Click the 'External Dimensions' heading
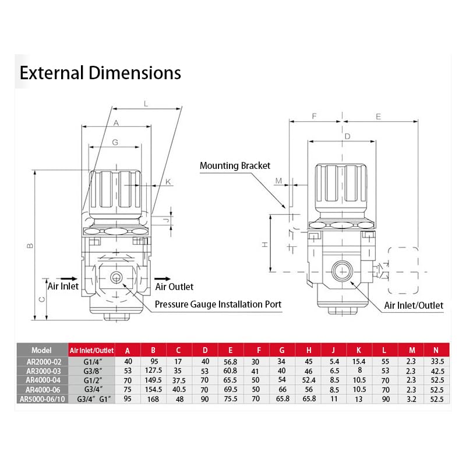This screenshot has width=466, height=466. (x=100, y=73)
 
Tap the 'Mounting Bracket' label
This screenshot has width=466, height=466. (x=235, y=166)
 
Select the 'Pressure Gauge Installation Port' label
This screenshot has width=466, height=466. (x=218, y=305)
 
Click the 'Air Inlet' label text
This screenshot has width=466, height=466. (x=62, y=287)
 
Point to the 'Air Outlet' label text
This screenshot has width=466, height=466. (x=174, y=287)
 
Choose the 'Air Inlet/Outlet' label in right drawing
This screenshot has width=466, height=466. (x=414, y=305)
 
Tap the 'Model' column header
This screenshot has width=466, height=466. (x=41, y=351)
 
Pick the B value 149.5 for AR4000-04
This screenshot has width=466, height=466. (x=153, y=380)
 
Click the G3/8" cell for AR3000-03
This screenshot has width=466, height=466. (x=91, y=371)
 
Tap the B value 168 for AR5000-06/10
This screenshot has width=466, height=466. (x=153, y=400)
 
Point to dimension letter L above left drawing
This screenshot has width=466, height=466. (x=146, y=104)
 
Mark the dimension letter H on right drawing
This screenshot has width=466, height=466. (x=264, y=245)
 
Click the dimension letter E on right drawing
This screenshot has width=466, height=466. (x=378, y=116)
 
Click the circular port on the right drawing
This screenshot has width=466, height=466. (x=340, y=270)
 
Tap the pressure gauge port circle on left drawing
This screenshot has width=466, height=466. (x=116, y=277)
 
